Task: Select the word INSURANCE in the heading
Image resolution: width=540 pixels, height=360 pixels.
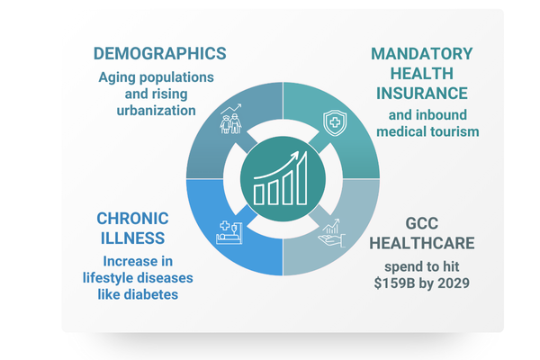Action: (x=422, y=93)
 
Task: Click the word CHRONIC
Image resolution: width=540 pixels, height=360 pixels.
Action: (x=130, y=218)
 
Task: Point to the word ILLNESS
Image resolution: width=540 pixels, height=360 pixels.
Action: (x=132, y=238)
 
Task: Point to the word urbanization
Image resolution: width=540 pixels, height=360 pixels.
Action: (x=157, y=111)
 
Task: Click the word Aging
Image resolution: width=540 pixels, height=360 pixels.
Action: (x=119, y=76)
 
